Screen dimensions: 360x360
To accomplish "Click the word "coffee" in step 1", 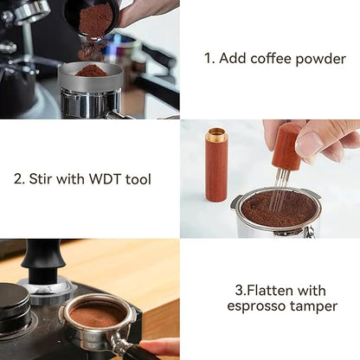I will (x=270, y=60).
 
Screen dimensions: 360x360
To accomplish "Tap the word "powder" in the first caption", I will (x=321, y=60).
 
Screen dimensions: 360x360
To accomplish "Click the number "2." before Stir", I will (x=20, y=180).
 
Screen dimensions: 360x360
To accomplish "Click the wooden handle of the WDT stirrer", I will (x=285, y=148).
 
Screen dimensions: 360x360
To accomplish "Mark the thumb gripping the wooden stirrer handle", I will (x=311, y=144).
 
